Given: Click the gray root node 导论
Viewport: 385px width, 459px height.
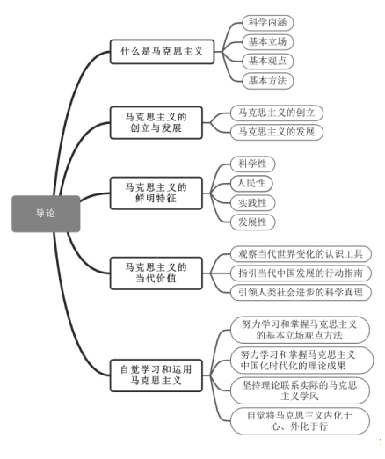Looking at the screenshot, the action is (46, 214).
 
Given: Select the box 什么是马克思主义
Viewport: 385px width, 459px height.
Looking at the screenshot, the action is (162, 52).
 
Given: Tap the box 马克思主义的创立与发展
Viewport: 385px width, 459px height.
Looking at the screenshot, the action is (156, 122).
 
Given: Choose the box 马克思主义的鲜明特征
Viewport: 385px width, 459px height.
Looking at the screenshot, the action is (156, 193).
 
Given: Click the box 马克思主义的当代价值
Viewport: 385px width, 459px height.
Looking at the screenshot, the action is (156, 273).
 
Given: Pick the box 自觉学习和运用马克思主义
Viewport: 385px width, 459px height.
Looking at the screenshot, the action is (156, 375).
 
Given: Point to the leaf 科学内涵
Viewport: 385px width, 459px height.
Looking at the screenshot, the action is (268, 23).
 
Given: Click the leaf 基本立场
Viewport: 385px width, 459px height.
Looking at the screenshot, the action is (268, 41).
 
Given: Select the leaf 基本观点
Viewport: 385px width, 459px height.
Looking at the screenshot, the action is (268, 61).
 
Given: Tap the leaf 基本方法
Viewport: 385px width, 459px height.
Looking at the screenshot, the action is (268, 81).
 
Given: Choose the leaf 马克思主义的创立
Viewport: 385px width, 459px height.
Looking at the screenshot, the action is (277, 113).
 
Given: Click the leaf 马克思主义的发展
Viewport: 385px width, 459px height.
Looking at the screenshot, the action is (277, 132).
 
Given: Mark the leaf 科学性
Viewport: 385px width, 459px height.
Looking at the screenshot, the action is (252, 164).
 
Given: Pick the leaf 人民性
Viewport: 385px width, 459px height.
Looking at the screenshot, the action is (251, 183).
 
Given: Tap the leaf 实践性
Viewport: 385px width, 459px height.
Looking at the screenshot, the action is (252, 203).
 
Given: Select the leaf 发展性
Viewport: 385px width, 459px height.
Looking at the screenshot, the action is (252, 222).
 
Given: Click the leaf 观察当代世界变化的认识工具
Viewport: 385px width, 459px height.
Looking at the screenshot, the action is (301, 254).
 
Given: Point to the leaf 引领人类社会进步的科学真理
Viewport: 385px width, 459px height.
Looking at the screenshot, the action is (301, 293).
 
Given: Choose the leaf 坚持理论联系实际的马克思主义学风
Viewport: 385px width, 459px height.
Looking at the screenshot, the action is (300, 390).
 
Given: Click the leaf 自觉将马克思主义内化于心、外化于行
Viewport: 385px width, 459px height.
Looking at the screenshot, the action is (300, 421).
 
